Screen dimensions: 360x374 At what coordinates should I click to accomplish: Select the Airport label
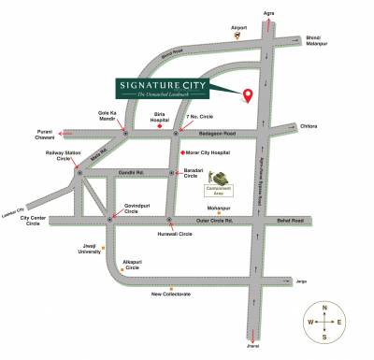pos(239,28)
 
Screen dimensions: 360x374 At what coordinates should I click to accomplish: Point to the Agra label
pos(269,12)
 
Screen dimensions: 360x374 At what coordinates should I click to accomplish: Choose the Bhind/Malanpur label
pos(320,41)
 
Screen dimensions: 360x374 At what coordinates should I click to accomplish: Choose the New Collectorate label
pos(172,294)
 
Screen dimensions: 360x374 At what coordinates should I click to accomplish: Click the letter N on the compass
pos(324,307)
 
